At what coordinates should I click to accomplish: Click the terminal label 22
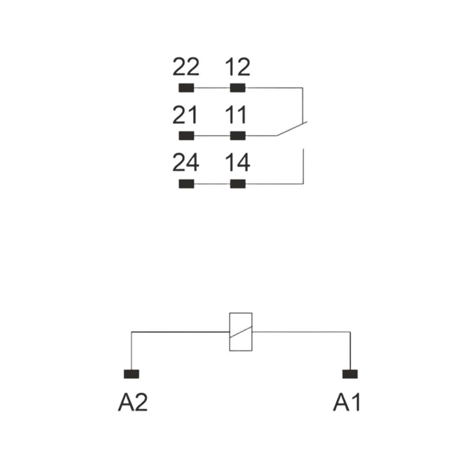click(x=186, y=67)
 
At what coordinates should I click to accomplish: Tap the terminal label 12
click(x=238, y=67)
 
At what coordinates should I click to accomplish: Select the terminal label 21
click(x=185, y=115)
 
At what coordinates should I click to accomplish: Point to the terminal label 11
click(x=236, y=115)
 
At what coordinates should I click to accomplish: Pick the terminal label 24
click(x=186, y=162)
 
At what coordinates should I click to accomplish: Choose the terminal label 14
click(x=238, y=162)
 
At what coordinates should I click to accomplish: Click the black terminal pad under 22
click(x=186, y=88)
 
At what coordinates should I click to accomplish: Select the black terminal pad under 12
click(x=238, y=88)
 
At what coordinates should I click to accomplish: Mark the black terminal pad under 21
click(x=186, y=136)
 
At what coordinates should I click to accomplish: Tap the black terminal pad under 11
click(x=238, y=136)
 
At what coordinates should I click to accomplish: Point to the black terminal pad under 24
click(x=186, y=184)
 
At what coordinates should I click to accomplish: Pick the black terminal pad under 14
click(x=238, y=184)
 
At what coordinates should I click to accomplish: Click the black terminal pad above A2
click(x=131, y=374)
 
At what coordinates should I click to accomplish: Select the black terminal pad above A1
click(x=350, y=374)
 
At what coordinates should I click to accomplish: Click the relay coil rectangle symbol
click(x=229, y=332)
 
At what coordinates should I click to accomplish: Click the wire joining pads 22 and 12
click(x=212, y=88)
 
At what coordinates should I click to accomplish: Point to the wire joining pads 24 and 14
click(x=212, y=184)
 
